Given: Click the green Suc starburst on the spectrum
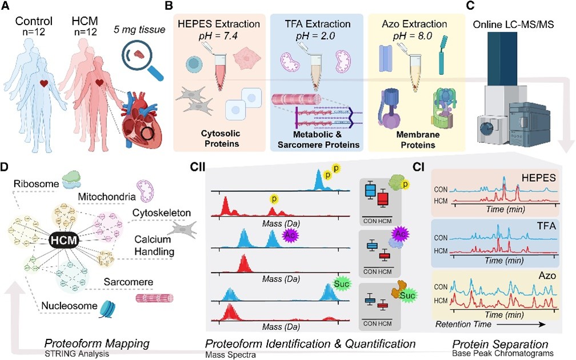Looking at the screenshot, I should (x=342, y=283).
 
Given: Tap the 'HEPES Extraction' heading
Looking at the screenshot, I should (x=218, y=24).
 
